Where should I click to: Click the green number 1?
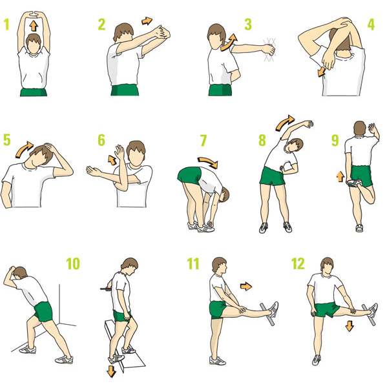click(6, 25)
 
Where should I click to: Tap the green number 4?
click(371, 25)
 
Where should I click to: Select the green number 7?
click(203, 140)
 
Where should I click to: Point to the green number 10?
click(73, 263)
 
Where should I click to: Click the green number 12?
click(298, 263)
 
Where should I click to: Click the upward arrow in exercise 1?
click(34, 26)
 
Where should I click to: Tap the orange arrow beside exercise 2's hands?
click(147, 21)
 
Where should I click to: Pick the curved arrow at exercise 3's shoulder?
click(229, 42)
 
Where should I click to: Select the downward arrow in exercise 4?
click(321, 72)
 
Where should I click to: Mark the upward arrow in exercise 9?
click(340, 176)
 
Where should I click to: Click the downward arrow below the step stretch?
click(111, 371)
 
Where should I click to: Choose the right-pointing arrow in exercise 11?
click(246, 286)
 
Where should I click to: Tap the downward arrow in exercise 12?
click(349, 326)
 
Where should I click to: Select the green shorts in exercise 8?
click(272, 176)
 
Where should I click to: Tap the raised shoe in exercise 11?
click(273, 309)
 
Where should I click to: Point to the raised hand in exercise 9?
click(373, 129)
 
